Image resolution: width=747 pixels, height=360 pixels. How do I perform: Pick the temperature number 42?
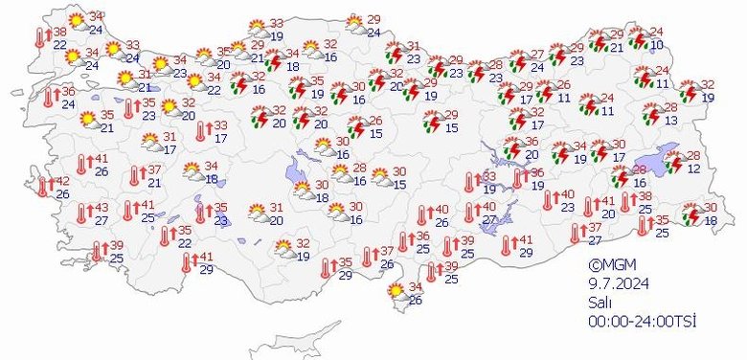coord(62,181)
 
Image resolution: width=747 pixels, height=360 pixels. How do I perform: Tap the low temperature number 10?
coord(656,45)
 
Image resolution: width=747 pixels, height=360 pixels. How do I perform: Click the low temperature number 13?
coord(672,120)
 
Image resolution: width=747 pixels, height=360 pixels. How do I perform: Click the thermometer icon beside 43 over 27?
coord(81,214)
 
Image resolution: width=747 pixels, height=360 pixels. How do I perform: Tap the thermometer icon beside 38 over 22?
coord(40,37)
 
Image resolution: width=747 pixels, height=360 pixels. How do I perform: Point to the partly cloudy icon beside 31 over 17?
coord(150,143)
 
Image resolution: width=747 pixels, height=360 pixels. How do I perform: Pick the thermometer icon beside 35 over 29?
coord(326,268)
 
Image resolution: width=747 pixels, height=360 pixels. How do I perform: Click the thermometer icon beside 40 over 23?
coord(546,200)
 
